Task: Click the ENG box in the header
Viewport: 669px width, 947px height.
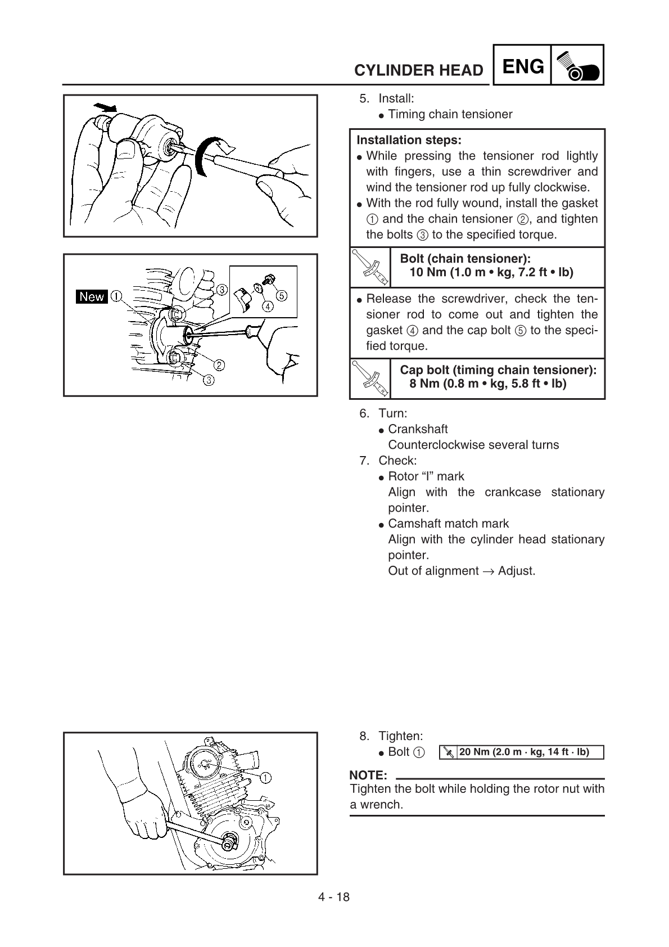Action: [522, 67]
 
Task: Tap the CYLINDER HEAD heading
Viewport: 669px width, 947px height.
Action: [418, 70]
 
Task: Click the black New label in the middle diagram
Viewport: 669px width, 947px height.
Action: [92, 296]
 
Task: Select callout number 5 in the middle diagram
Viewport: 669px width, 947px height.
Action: [281, 295]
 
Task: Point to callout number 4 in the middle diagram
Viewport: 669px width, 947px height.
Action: [268, 306]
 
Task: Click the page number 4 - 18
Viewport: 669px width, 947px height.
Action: [334, 897]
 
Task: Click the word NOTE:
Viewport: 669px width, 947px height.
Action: [368, 776]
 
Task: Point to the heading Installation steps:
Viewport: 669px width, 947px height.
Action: [409, 140]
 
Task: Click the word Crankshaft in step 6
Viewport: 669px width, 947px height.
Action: [418, 429]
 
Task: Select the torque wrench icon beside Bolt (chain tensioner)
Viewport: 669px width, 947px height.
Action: [370, 267]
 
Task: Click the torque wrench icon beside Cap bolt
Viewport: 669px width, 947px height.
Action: [370, 378]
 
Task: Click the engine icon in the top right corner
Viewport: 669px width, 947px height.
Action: [577, 66]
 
